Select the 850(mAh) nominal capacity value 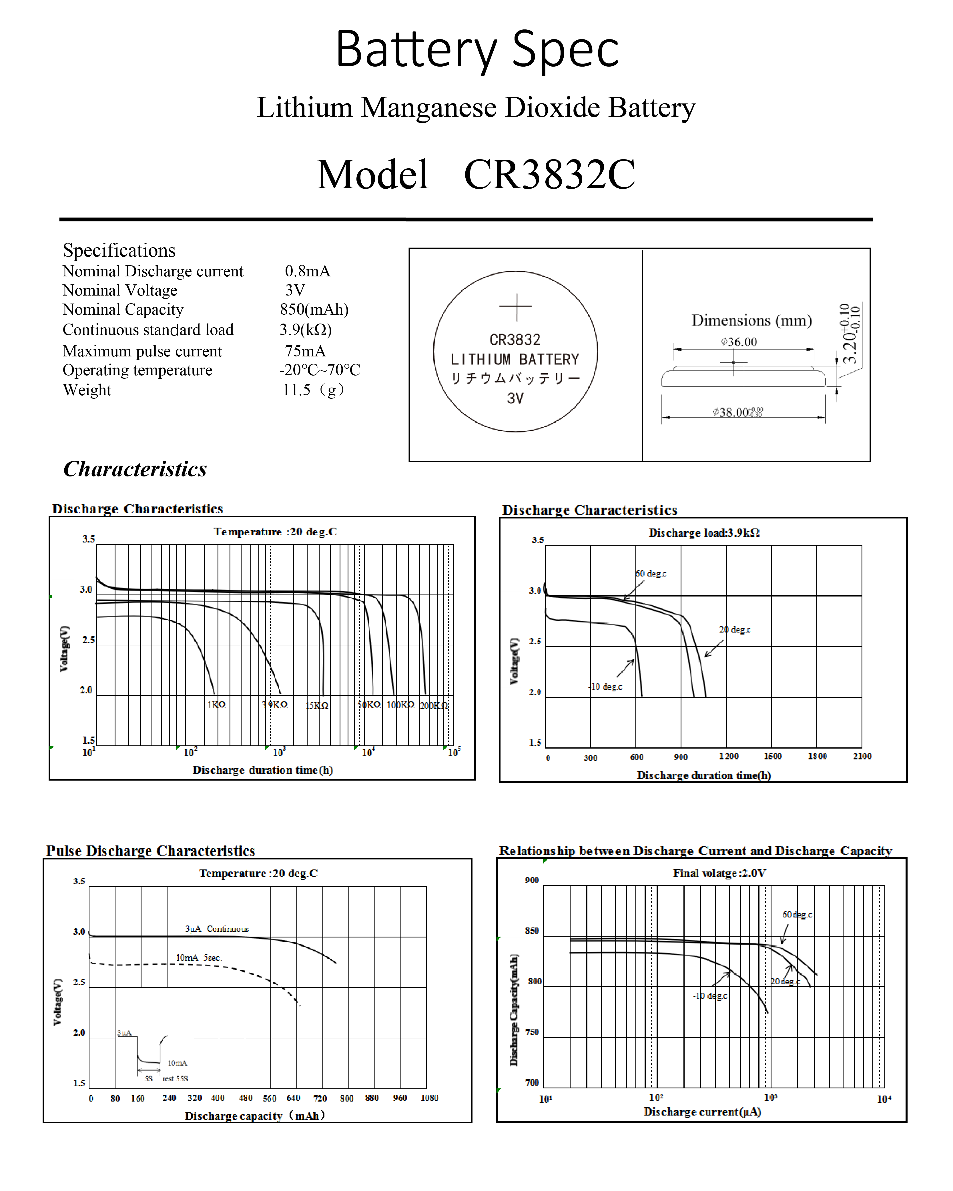[314, 309]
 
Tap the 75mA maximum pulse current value [305, 351]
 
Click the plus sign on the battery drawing [515, 307]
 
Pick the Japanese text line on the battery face [515, 378]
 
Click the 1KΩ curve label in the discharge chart [216, 705]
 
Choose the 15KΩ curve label [317, 705]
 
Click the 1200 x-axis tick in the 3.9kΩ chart [729, 756]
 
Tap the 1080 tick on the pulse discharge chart [429, 1098]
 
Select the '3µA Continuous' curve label [217, 929]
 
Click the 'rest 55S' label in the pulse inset [175, 1078]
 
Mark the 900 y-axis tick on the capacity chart [532, 880]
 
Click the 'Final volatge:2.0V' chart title [719, 873]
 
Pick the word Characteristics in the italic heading [135, 469]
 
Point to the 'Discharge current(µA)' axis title [702, 1112]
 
